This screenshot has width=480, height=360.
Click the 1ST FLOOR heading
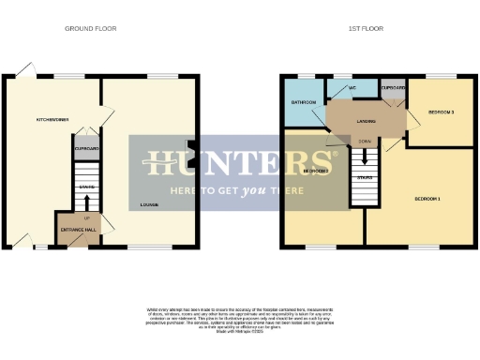pyautogui.click(x=366, y=28)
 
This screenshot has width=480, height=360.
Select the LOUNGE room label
pyautogui.click(x=148, y=204)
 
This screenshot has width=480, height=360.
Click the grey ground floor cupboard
pyautogui.click(x=86, y=148)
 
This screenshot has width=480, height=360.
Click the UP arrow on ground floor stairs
pyautogui.click(x=87, y=218)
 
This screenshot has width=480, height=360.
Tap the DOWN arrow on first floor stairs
pyautogui.click(x=365, y=142)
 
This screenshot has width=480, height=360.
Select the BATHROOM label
pyautogui.click(x=302, y=101)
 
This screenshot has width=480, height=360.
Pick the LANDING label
pyautogui.click(x=353, y=120)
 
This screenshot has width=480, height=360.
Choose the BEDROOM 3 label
pyautogui.click(x=441, y=112)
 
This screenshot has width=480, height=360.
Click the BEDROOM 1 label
pyautogui.click(x=427, y=200)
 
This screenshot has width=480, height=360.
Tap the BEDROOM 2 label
pyautogui.click(x=316, y=172)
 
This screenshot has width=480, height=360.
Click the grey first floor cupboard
pyautogui.click(x=393, y=90)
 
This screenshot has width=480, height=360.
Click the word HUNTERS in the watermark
pyautogui.click(x=239, y=162)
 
